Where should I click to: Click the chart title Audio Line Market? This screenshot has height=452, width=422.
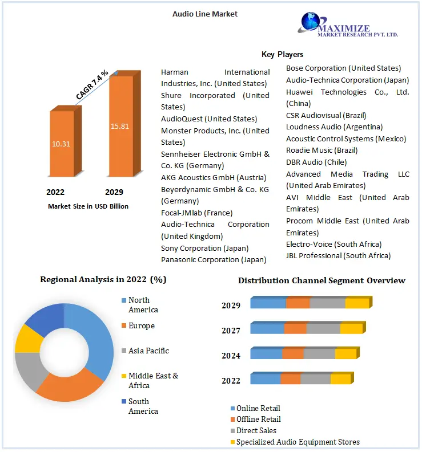(x=205, y=14)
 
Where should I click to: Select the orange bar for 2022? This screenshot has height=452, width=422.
(x=61, y=144)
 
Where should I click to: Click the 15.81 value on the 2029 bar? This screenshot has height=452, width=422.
(x=120, y=126)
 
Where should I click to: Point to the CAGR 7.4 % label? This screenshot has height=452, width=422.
(x=92, y=86)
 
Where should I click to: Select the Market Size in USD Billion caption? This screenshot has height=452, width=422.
(x=88, y=206)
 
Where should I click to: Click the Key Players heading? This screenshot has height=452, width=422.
(x=282, y=55)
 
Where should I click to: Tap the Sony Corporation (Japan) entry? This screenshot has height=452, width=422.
(x=205, y=248)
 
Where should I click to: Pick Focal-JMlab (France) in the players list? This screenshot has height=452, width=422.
(x=197, y=213)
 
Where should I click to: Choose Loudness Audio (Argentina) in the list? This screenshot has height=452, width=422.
(x=335, y=127)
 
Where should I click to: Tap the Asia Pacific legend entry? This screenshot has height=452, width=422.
(x=148, y=351)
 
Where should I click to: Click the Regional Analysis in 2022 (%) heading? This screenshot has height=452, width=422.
(x=103, y=280)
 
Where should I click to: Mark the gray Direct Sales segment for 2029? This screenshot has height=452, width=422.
(x=327, y=303)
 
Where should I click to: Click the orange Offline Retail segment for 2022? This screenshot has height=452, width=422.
(x=290, y=379)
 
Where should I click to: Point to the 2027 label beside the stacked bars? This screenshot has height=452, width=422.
(x=231, y=331)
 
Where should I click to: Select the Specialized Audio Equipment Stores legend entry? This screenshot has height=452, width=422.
(x=298, y=442)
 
